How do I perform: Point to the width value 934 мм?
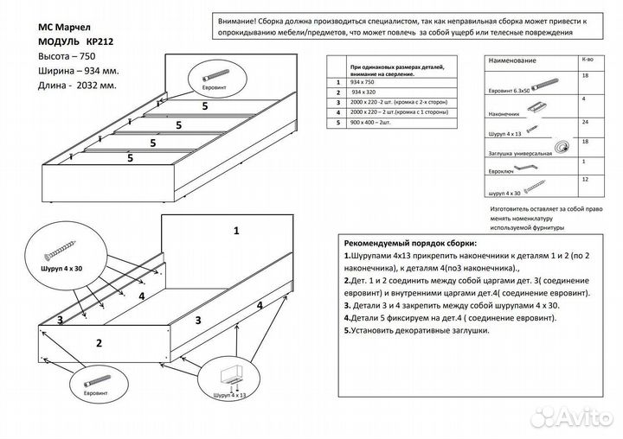[84, 70]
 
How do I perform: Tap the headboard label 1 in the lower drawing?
[235, 231]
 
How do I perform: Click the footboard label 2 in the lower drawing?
[99, 342]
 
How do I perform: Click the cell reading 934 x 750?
[363, 82]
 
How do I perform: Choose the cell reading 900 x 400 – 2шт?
[372, 123]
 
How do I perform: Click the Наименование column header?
[512, 62]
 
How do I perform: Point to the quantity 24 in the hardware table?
[588, 124]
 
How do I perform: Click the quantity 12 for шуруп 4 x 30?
[588, 179]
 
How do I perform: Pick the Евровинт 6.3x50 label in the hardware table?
[509, 89]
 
